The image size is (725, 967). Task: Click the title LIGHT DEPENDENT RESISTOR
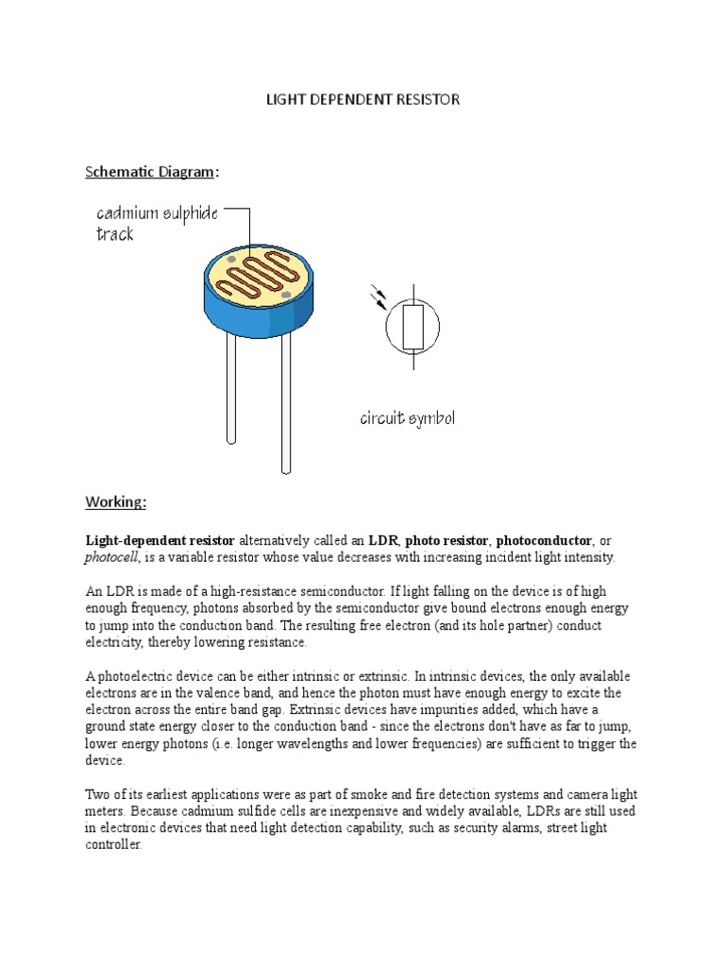point(362,99)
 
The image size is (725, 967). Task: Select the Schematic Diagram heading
point(151,172)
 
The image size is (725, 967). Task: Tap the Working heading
point(116,501)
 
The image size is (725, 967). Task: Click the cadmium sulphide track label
point(157,223)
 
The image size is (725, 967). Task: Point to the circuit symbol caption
point(407,417)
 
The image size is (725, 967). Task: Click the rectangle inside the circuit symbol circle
point(413,327)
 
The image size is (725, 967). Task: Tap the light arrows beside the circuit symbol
point(379,297)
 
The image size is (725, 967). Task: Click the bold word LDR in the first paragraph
point(383,541)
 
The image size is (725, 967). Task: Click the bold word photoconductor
point(545,541)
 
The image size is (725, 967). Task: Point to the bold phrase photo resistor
point(448,541)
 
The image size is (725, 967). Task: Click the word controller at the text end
point(113,845)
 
